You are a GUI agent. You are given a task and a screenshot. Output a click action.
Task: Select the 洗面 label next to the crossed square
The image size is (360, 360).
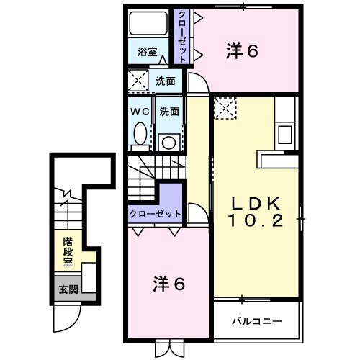click(x=166, y=81)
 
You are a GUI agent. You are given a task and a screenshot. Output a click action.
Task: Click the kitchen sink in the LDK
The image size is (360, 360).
click(x=285, y=134)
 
